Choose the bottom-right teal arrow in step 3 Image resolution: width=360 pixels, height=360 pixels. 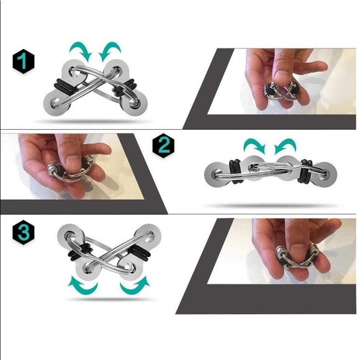pos(134,286)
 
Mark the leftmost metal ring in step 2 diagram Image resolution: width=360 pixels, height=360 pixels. pos(219,173)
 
